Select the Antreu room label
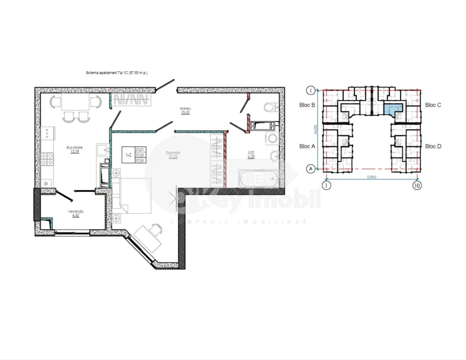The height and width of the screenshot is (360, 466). click(185, 109)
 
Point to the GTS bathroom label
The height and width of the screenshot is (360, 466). click(251, 153)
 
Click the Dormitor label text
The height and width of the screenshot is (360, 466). click(172, 153)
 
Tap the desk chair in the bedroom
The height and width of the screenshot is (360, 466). click(155, 229)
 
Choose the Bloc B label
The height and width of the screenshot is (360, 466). click(307, 106)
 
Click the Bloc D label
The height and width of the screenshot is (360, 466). click(433, 146)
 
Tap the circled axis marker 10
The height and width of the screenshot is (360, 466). click(417, 185)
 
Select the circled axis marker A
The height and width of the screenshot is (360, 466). click(309, 168)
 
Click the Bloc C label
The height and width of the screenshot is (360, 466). click(433, 106)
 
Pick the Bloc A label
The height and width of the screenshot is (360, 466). click(307, 146)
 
